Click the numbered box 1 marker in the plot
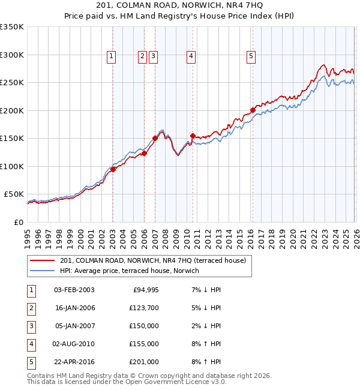click(x=112, y=56)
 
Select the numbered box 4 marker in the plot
click(x=191, y=56)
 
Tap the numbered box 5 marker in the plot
click(x=251, y=56)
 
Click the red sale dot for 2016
click(x=253, y=110)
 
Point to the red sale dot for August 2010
click(x=193, y=136)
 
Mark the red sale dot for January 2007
click(x=155, y=138)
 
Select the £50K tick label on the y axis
click(x=14, y=194)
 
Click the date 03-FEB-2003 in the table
click(x=74, y=290)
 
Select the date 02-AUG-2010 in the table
click(x=74, y=344)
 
